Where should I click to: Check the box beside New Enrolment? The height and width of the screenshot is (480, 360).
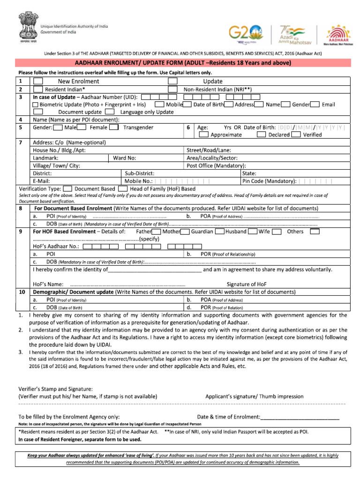point(38,81)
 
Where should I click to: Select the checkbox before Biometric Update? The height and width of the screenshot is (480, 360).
point(36,105)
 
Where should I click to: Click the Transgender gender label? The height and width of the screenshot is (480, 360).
point(138,127)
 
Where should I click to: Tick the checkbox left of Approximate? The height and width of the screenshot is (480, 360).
point(203,135)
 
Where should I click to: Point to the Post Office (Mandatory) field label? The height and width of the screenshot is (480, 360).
point(216,165)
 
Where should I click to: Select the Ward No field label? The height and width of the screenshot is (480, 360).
point(125,158)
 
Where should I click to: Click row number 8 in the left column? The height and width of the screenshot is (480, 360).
point(21,208)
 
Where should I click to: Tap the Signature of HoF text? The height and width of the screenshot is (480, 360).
point(247,284)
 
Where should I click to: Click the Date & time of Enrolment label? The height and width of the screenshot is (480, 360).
point(228,417)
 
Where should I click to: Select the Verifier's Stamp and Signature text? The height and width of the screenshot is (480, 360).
point(55,389)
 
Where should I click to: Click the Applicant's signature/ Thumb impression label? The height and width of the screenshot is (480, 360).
point(255,397)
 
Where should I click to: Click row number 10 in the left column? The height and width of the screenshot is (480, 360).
point(22,292)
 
